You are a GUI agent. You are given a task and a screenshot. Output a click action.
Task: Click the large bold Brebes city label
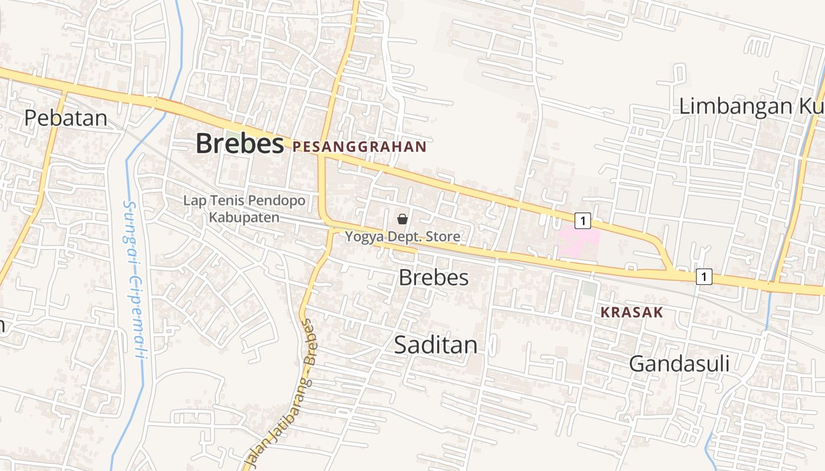pos(239,144)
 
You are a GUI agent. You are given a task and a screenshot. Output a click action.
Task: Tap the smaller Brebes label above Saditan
pos(434,277)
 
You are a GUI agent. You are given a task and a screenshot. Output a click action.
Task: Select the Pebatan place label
pos(66,118)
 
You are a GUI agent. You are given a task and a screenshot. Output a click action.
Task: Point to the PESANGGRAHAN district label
pos(359,147)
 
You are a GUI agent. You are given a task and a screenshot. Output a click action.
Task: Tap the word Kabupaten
pos(244,217)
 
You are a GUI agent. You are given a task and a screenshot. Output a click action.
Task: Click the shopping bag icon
pos(402,219)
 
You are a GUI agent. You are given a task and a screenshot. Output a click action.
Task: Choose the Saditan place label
pos(435,345)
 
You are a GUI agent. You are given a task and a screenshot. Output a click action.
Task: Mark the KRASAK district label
pos(632,313)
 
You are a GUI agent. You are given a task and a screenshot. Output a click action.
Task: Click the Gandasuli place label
pos(679,364)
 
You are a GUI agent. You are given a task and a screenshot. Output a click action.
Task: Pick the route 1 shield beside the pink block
pos(582,221)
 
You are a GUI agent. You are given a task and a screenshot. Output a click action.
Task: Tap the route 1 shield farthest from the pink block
pos(704,276)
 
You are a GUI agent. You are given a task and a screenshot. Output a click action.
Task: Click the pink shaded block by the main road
pos(579,241)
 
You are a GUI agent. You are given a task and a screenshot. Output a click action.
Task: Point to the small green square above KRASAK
pos(589,289)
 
